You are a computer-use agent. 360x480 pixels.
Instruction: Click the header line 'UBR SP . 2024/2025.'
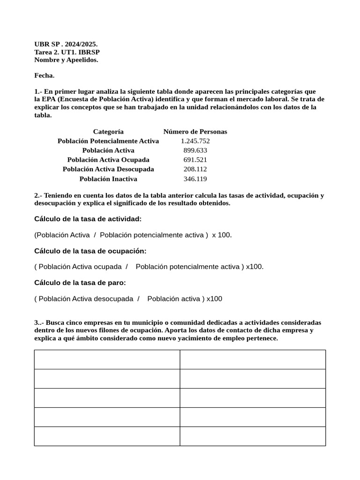click(x=66, y=44)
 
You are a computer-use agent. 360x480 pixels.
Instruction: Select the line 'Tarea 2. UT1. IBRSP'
click(x=67, y=52)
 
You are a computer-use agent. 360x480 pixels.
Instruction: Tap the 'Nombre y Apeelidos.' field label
click(x=66, y=60)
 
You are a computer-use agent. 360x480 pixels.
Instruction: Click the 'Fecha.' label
click(x=45, y=75)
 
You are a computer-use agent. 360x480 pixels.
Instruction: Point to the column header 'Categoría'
click(x=108, y=132)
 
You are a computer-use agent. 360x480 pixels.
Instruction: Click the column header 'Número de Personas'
click(x=195, y=132)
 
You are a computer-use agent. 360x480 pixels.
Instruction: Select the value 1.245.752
click(x=195, y=141)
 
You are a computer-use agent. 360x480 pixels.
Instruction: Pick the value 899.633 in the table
click(x=195, y=150)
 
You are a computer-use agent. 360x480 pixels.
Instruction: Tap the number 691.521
click(x=195, y=160)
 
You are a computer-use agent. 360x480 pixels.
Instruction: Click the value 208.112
click(x=195, y=169)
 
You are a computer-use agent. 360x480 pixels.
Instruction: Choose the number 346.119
click(x=195, y=179)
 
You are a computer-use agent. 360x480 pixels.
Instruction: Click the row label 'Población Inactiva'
click(x=108, y=179)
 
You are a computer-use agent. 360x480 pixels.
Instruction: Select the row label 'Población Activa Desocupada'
click(x=108, y=169)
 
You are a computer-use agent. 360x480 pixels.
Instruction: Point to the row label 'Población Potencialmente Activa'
click(x=108, y=141)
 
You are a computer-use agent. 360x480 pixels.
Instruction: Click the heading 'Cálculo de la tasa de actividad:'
click(x=88, y=219)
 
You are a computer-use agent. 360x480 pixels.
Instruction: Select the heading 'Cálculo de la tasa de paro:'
click(x=80, y=283)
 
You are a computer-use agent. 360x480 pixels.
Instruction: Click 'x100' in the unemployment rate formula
click(x=214, y=299)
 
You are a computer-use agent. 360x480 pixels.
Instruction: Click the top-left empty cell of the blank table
click(x=107, y=360)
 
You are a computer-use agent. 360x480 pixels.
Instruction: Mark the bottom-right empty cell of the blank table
click(x=253, y=436)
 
